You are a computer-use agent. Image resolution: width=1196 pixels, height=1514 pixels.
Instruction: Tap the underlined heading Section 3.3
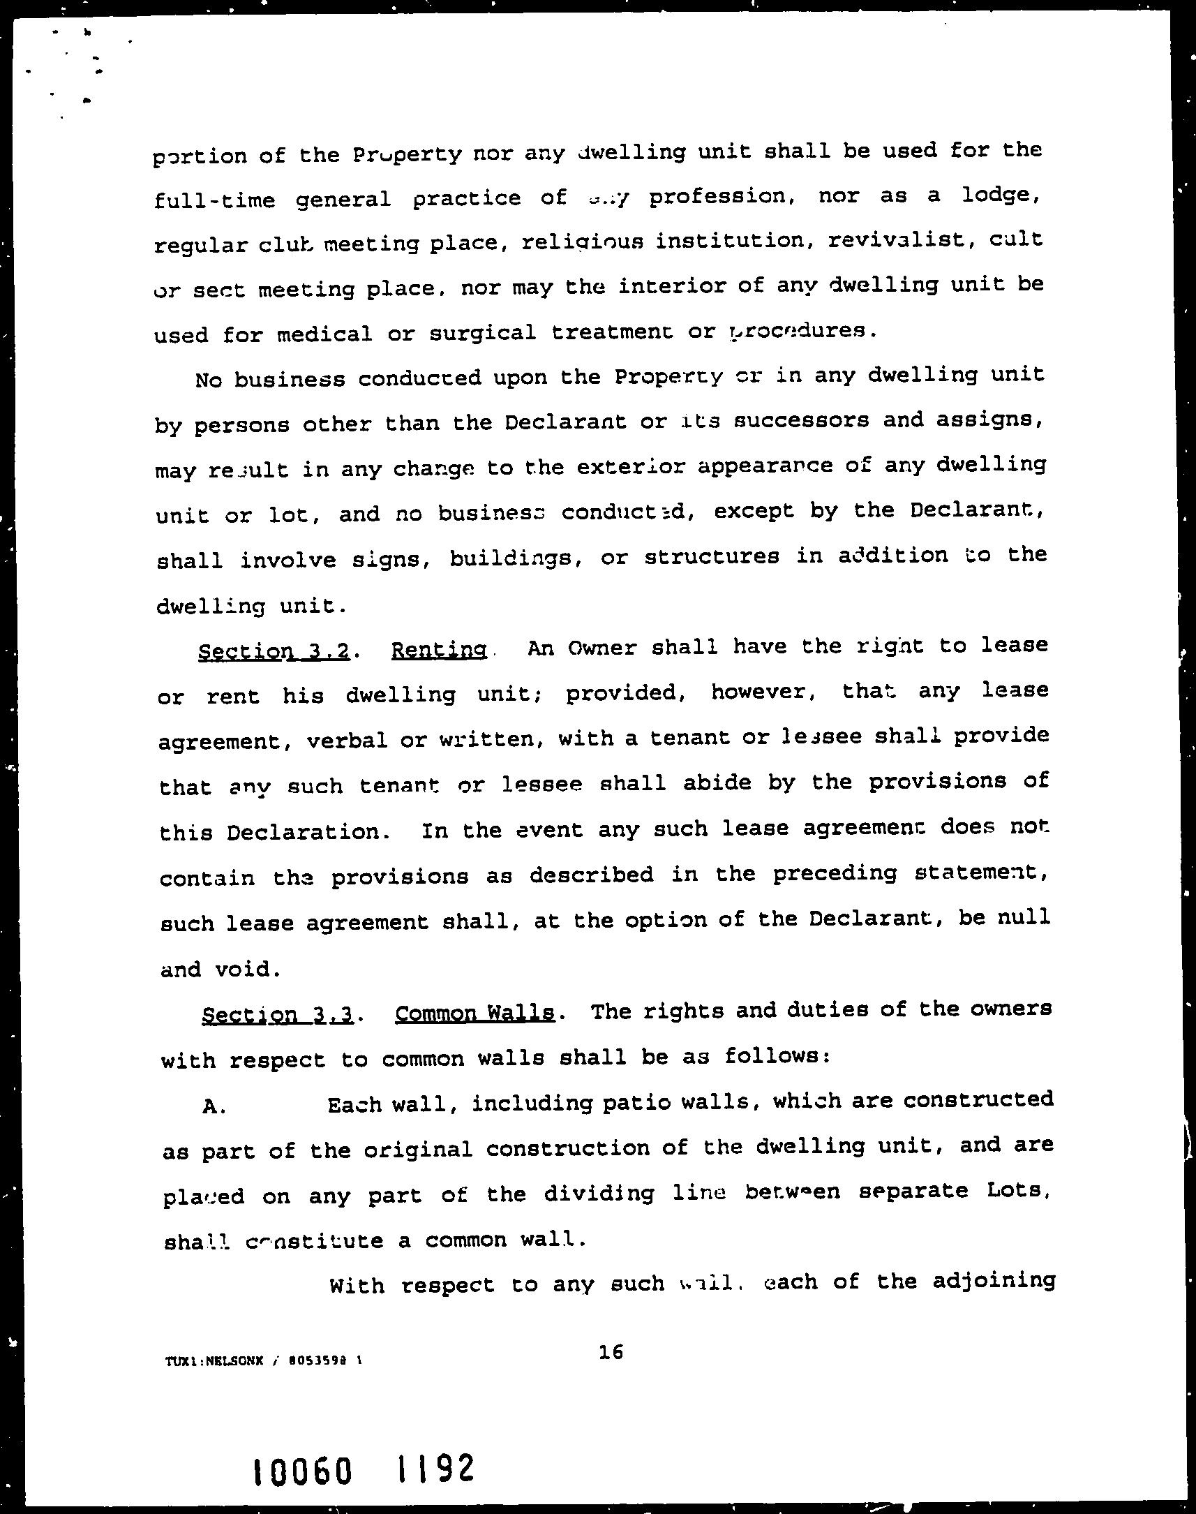[x=276, y=1016]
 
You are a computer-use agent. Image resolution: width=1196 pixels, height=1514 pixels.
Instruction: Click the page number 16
[x=611, y=1351]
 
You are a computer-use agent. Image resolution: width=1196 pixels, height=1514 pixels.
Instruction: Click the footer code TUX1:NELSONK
[x=214, y=1362]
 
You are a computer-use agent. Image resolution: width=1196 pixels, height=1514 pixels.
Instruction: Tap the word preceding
[x=835, y=873]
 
